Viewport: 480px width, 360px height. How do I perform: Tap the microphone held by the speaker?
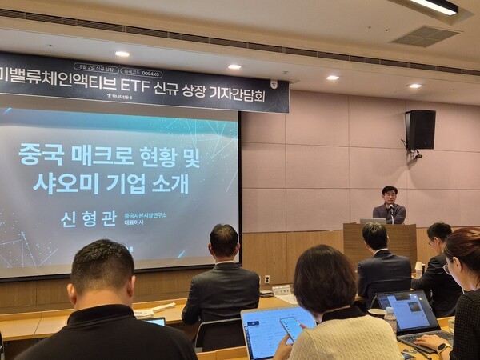(x=390, y=210)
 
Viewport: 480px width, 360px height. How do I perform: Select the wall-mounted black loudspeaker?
(x=420, y=130)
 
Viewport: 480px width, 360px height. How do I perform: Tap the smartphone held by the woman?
(x=291, y=327)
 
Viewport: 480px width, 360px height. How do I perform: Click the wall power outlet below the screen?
(x=267, y=279)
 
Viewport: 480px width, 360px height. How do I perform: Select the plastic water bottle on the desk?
(x=390, y=318)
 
